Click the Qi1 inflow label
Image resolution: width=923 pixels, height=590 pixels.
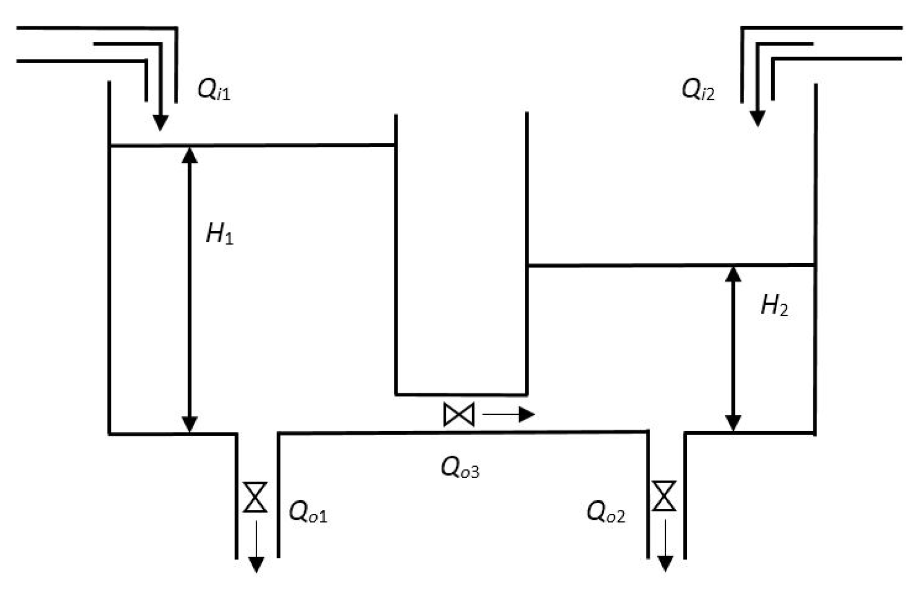pos(214,91)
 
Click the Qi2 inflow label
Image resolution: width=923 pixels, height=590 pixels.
pos(698,90)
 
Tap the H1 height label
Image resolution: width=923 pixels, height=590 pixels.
pos(220,234)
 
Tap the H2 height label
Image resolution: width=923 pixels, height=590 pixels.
pos(774,306)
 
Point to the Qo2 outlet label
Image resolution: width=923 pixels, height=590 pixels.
pos(606,513)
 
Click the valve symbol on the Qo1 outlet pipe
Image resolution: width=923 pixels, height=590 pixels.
pos(255,497)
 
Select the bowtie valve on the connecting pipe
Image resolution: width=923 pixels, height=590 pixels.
pos(459,415)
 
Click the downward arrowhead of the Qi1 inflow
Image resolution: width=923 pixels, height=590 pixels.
pos(160,123)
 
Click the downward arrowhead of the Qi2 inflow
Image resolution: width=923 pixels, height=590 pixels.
pos(757,119)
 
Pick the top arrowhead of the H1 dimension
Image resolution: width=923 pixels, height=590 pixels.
pos(190,155)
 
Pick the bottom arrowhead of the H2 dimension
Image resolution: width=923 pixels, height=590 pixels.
pos(733,423)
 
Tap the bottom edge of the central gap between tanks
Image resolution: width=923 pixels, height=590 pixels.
pos(461,394)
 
